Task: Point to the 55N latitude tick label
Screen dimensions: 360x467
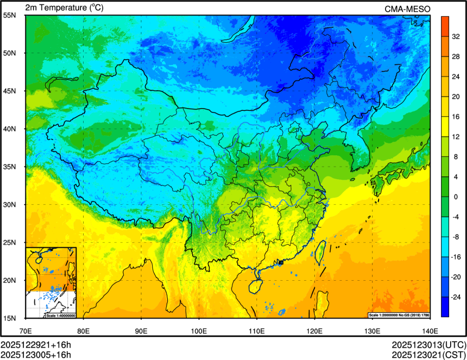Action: click(x=10, y=15)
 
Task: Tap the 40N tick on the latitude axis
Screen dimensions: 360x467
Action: click(x=10, y=129)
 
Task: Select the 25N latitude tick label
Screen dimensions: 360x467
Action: click(x=10, y=243)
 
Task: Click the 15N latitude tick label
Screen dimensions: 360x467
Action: click(x=10, y=318)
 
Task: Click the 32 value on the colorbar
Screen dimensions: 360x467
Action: click(x=456, y=36)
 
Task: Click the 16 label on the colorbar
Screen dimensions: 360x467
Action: click(x=456, y=116)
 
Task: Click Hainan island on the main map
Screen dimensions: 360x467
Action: click(x=253, y=284)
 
